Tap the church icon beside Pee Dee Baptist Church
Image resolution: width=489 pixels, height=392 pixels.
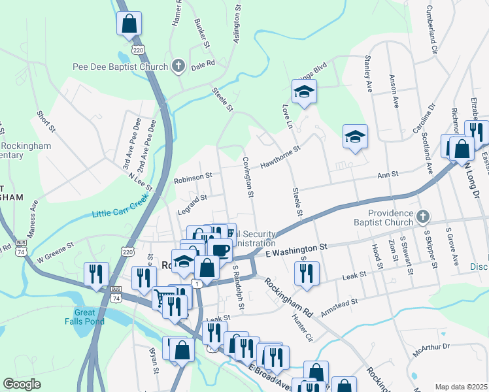tap(177, 66)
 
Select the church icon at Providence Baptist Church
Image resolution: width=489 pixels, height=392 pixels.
tap(422, 216)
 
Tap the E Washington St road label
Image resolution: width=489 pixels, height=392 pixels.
tap(295, 249)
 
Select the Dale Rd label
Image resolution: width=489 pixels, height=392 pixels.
tap(199, 66)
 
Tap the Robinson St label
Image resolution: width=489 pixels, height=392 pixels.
tap(193, 176)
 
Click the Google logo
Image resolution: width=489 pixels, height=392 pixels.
tap(22, 384)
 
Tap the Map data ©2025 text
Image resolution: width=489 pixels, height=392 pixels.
tap(461, 387)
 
